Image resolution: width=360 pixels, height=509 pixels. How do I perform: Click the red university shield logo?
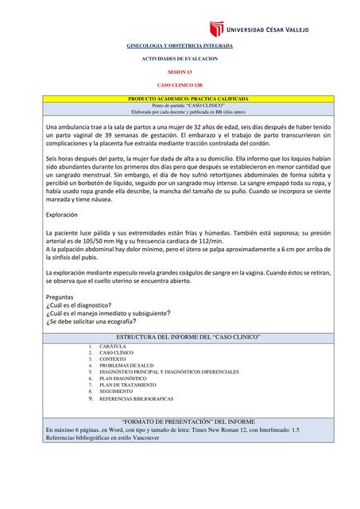point(216,29)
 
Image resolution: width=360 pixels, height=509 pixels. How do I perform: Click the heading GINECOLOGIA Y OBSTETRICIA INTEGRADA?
point(180,47)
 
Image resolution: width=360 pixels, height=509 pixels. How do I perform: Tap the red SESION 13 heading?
point(180,72)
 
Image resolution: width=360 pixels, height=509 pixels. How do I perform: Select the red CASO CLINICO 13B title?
point(180,84)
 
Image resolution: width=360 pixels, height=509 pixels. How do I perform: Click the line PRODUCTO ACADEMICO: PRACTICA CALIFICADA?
point(180,99)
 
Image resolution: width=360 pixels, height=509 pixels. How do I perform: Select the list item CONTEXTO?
point(114,359)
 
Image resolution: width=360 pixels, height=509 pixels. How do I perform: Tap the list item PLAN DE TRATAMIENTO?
point(128,385)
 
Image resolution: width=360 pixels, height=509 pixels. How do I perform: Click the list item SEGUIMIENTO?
point(117,391)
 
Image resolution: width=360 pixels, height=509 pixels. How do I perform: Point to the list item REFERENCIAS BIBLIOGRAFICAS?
point(137,398)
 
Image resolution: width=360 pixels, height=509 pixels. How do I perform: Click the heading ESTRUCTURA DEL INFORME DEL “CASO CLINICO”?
point(180,338)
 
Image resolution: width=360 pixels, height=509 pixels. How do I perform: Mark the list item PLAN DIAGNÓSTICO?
point(123,379)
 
